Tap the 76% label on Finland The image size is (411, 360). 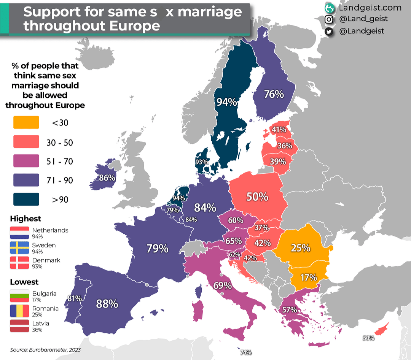tap(274, 94)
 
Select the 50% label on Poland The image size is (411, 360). tap(257, 197)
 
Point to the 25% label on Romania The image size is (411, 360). tap(301, 248)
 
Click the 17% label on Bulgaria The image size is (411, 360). tap(309, 277)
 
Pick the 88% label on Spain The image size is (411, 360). tap(107, 304)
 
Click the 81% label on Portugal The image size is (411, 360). tap(74, 298)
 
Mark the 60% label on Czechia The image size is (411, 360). tap(236, 220)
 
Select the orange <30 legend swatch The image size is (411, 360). tap(26, 122)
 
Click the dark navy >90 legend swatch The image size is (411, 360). tap(26, 199)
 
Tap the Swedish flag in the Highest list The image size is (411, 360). tap(19, 248)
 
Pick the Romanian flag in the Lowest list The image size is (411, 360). tap(19, 311)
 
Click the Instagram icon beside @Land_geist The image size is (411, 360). tap(329, 19)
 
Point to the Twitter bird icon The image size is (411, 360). tap(329, 31)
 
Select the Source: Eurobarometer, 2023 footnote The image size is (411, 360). tap(45, 350)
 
